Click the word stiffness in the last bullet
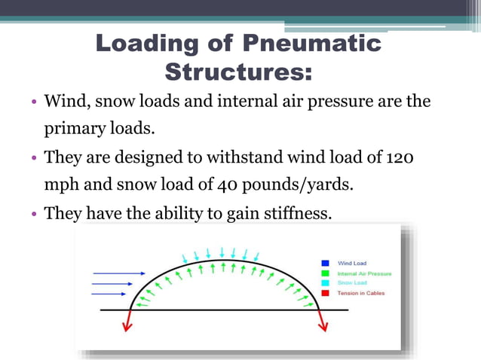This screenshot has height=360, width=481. (x=295, y=213)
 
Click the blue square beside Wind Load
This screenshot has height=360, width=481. (x=325, y=263)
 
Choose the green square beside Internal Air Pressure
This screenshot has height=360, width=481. (x=325, y=273)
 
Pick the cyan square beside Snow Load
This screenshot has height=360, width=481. (x=325, y=282)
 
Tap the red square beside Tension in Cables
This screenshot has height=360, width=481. (x=325, y=292)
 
